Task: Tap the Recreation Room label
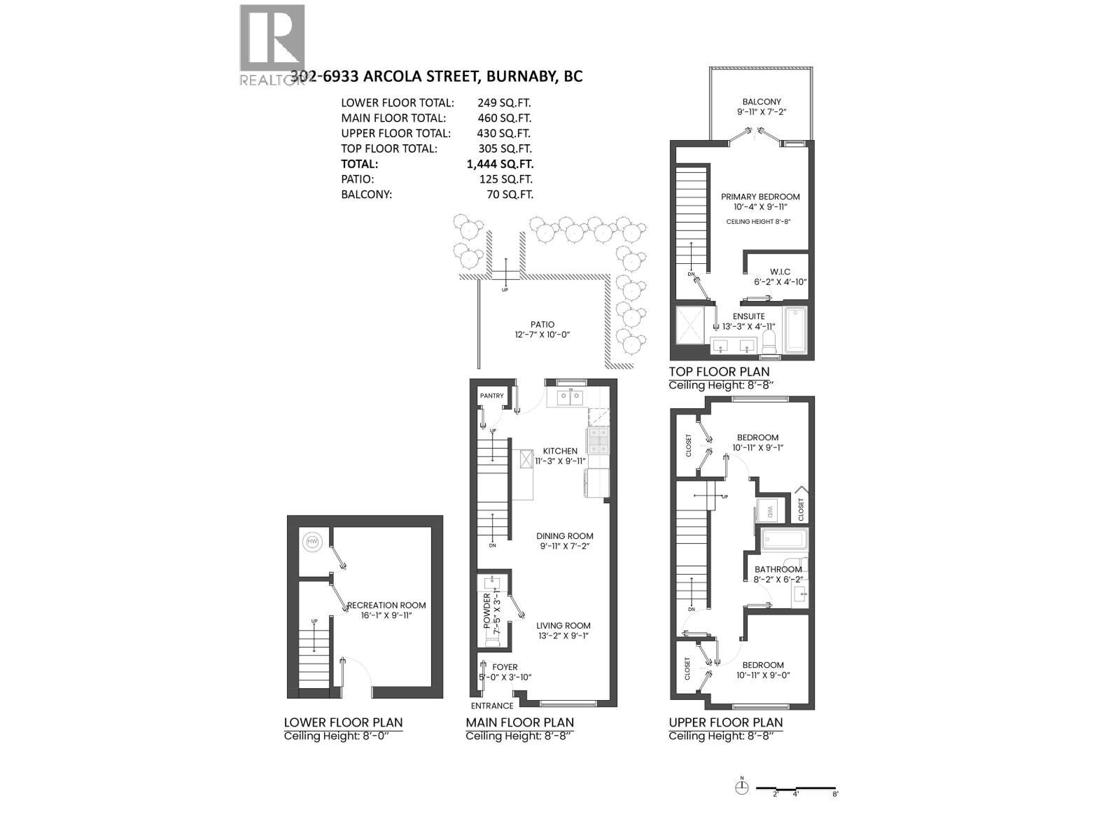(386, 605)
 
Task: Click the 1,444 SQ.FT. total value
(500, 164)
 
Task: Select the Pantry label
(491, 395)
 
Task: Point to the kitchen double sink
(569, 398)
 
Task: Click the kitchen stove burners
(599, 440)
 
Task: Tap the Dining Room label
(565, 536)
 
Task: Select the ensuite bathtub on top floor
(796, 330)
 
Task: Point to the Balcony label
(762, 101)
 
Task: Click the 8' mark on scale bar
(834, 794)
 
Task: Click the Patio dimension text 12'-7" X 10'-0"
(542, 335)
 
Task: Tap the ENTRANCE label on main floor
(491, 706)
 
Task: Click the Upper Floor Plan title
(725, 722)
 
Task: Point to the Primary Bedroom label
(760, 197)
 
